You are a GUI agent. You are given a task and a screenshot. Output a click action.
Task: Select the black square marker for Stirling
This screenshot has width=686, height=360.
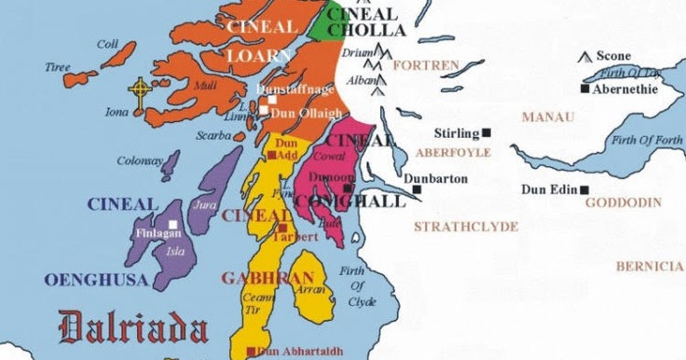(x=487, y=133)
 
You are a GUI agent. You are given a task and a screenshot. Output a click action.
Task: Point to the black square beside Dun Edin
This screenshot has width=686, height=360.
(x=584, y=190)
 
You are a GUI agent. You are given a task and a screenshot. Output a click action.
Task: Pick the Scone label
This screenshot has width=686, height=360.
(x=613, y=57)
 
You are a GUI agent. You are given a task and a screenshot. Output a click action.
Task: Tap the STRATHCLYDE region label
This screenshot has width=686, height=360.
(x=466, y=226)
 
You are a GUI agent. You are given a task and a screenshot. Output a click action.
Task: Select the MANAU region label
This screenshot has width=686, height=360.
(x=548, y=118)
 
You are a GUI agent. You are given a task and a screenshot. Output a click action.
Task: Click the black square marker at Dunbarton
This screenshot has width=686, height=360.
(x=417, y=189)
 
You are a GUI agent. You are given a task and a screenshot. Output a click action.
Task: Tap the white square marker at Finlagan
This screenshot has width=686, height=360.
(x=174, y=223)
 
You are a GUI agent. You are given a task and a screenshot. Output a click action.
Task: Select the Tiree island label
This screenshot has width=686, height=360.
(x=57, y=67)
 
